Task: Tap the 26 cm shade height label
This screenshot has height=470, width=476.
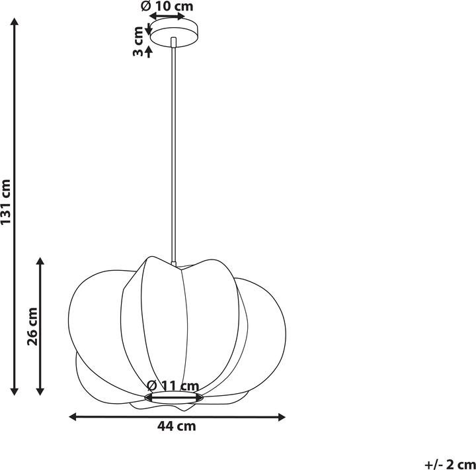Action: coord(32,327)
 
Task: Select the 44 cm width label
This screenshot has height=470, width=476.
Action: coord(177,426)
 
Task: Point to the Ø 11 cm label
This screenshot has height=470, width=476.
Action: coord(173,385)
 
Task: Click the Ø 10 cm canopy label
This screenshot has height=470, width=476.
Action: coord(167,6)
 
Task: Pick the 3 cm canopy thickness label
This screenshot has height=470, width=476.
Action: coord(138,41)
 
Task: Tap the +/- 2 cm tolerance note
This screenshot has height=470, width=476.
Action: coord(450,464)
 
